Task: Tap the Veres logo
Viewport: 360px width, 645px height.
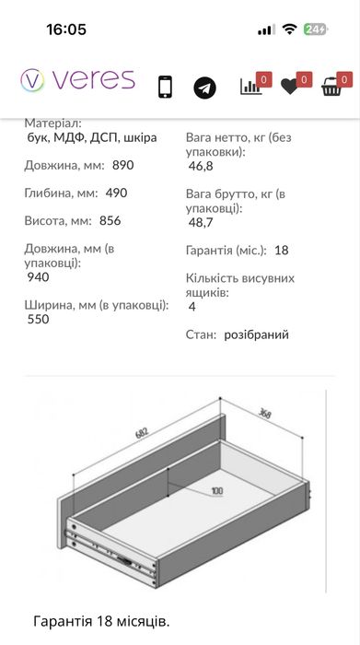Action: pos(77,80)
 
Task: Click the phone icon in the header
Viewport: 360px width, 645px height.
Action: pos(165,86)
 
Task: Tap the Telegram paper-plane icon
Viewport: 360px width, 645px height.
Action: pos(204,88)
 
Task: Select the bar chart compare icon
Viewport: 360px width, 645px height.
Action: pos(250,87)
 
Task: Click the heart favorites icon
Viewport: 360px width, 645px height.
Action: pos(290,87)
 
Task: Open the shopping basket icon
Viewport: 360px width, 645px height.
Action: pos(331,87)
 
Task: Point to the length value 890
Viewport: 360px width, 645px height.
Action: pos(123,167)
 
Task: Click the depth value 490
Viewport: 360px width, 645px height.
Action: pos(116,193)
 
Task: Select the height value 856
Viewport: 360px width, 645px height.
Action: pos(110,221)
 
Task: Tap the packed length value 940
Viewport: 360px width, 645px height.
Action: pos(39,277)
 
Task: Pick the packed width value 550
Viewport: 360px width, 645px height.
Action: pos(39,320)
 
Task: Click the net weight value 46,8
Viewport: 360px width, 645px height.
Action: pos(201,167)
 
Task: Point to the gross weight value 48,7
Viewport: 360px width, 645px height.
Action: pos(201,223)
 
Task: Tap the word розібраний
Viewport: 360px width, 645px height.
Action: pos(256,334)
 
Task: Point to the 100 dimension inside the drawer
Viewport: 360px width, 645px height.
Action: pos(215,491)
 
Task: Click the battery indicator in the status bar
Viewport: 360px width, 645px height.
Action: pos(316,29)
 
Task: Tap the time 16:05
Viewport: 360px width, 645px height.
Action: pos(66,29)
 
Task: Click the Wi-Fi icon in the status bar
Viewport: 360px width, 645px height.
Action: pos(289,29)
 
